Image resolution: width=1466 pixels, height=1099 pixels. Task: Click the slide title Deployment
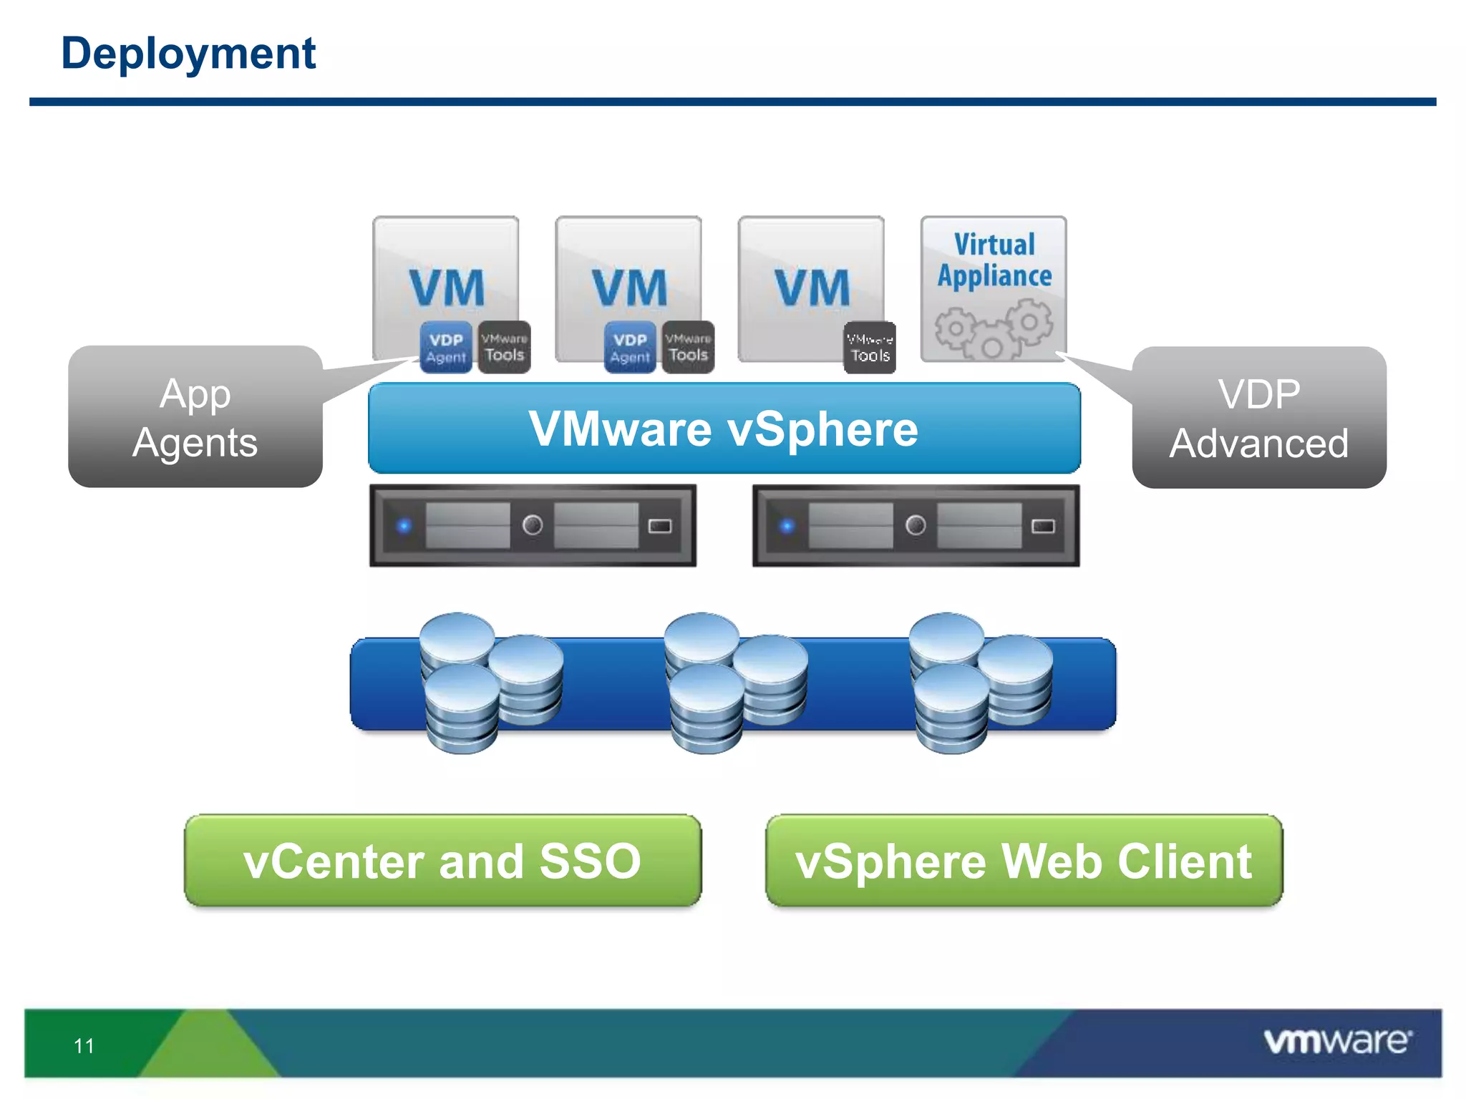coord(188,54)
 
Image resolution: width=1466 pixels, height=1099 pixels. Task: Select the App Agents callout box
coord(195,417)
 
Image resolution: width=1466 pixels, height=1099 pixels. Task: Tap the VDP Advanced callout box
coord(1259,419)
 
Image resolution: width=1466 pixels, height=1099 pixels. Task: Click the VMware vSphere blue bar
coord(724,429)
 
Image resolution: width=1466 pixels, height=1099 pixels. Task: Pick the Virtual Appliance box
coord(994,288)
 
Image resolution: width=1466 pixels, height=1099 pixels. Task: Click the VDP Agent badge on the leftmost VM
coord(446,348)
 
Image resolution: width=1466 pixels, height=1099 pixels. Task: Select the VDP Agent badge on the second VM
coord(630,348)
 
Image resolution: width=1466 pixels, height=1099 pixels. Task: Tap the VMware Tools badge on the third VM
coord(870,348)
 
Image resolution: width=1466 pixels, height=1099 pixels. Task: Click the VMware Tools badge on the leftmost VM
coord(505,347)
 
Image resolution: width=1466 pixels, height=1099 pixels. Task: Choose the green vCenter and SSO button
coord(442,861)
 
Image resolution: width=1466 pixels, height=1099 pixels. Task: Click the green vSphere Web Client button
coord(1024,861)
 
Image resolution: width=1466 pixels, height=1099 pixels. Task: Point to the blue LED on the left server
coord(404,526)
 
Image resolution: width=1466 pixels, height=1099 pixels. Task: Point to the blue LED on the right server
coord(787,526)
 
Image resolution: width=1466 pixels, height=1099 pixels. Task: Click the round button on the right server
coord(916,526)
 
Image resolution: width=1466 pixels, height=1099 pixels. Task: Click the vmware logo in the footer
coord(1337,1041)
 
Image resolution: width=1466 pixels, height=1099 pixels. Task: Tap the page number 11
coord(84,1046)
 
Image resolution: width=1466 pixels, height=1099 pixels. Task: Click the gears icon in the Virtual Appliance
coord(994,329)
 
